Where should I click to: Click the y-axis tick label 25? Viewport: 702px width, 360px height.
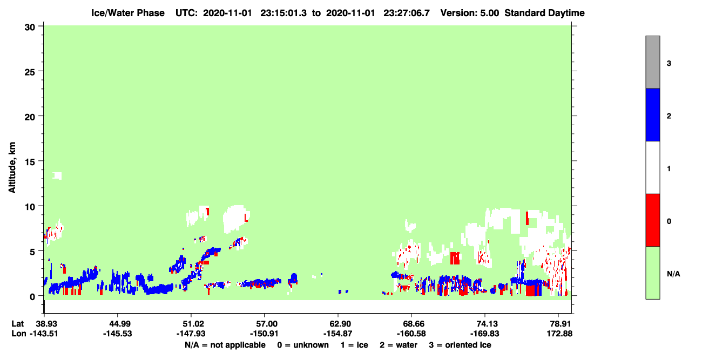tap(30, 72)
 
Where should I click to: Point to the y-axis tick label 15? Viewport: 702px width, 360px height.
tap(30, 162)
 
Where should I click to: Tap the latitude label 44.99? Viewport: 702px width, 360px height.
tap(118, 324)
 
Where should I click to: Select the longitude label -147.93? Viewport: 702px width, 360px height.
tap(191, 334)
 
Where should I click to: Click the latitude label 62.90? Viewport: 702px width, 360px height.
tap(338, 324)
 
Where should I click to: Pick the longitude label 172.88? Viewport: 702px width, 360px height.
tap(559, 334)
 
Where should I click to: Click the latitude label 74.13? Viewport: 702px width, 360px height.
tap(485, 324)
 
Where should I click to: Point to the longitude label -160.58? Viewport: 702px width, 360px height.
tap(411, 334)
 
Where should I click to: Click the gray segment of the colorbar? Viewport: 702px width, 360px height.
tap(653, 62)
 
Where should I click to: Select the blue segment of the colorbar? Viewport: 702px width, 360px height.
tap(653, 114)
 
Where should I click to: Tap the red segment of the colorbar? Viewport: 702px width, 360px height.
tap(653, 220)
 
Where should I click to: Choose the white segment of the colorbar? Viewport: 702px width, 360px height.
tap(653, 168)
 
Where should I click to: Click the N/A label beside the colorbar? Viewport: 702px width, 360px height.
tap(673, 274)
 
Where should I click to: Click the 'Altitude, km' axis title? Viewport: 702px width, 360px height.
tap(12, 168)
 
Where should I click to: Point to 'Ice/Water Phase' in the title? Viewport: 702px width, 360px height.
tap(128, 13)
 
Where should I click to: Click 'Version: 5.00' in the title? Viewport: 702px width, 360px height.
tap(470, 13)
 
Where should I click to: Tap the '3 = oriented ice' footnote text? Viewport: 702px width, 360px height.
tap(460, 345)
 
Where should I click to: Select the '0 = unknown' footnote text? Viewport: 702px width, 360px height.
tap(303, 345)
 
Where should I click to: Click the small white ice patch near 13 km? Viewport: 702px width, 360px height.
tap(57, 176)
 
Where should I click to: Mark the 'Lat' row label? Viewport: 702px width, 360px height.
tap(17, 324)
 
